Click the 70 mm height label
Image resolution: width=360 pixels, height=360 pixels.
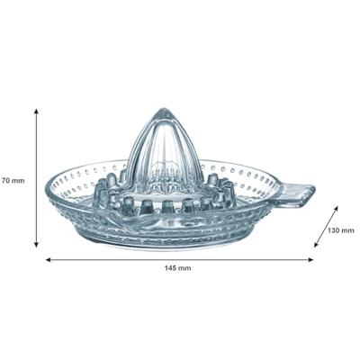point(13,181)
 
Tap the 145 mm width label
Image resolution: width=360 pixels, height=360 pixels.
point(177,268)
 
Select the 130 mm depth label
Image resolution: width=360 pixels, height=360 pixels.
point(340,230)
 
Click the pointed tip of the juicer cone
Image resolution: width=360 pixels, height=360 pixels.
point(164,109)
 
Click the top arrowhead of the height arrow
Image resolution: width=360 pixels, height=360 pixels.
point(36,111)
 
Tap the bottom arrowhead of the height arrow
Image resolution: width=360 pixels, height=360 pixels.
point(36,245)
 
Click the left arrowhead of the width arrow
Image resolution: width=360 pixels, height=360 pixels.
point(48,260)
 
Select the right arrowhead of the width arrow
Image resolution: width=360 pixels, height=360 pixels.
point(311,260)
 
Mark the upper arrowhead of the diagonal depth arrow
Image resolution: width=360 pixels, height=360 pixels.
point(336,208)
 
